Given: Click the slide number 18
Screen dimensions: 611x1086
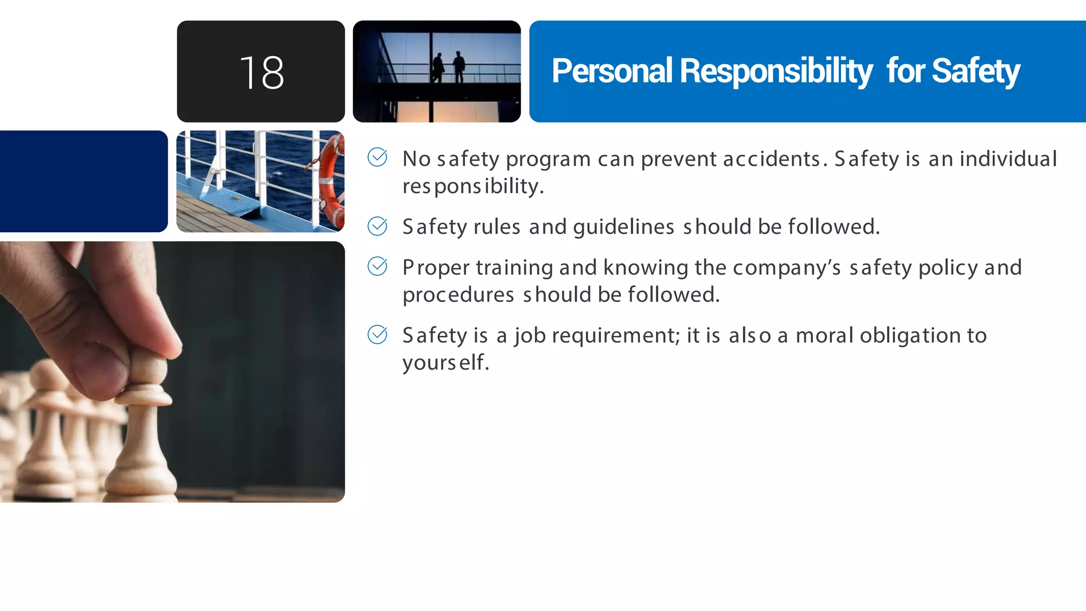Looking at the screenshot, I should [x=261, y=73].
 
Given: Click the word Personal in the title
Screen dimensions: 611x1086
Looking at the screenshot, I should [x=611, y=71].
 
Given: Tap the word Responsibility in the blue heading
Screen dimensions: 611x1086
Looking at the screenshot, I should [x=775, y=71].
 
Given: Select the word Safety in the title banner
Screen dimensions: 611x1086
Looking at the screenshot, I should [x=976, y=71].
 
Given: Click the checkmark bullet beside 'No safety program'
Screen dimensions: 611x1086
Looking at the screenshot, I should [x=378, y=157].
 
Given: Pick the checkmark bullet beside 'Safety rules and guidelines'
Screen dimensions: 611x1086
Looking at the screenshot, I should [x=378, y=226].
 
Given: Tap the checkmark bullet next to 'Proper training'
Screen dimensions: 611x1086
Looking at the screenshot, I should [x=378, y=266].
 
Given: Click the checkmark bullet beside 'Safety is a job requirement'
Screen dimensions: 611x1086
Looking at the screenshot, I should [x=378, y=334].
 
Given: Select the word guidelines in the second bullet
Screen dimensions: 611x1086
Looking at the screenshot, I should [x=624, y=228].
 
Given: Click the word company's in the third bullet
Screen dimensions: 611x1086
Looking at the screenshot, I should [x=787, y=268].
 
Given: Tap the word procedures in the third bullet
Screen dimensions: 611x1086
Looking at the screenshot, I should [x=458, y=295].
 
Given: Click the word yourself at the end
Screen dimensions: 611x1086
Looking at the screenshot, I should [x=445, y=363].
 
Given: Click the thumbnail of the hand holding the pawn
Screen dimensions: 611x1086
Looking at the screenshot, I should [x=172, y=371].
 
